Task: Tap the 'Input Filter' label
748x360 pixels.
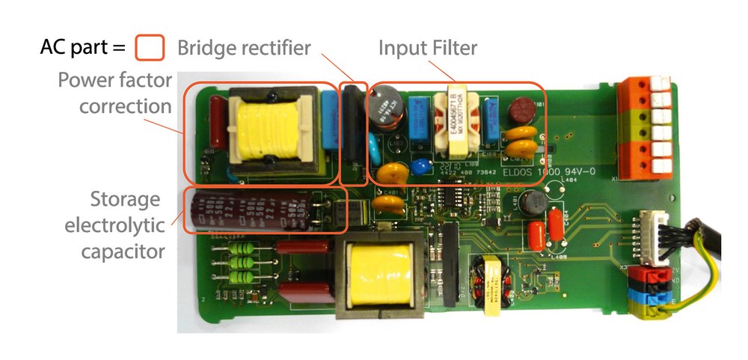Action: coord(427,49)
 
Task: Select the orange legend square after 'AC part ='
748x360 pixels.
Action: coord(150,49)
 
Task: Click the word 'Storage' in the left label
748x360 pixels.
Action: coord(125,200)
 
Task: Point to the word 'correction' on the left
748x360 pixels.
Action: coord(125,106)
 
